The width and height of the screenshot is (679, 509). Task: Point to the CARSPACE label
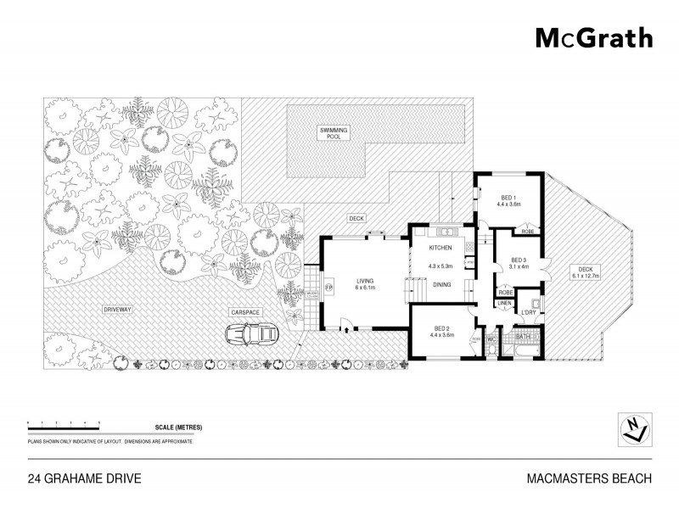click(x=244, y=311)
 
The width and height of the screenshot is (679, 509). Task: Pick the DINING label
click(x=441, y=285)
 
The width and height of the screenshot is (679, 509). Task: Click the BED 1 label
click(x=507, y=197)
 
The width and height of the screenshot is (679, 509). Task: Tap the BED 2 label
click(x=442, y=327)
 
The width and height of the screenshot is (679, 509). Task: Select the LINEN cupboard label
click(x=504, y=302)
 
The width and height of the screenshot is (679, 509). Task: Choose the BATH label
click(x=524, y=336)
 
